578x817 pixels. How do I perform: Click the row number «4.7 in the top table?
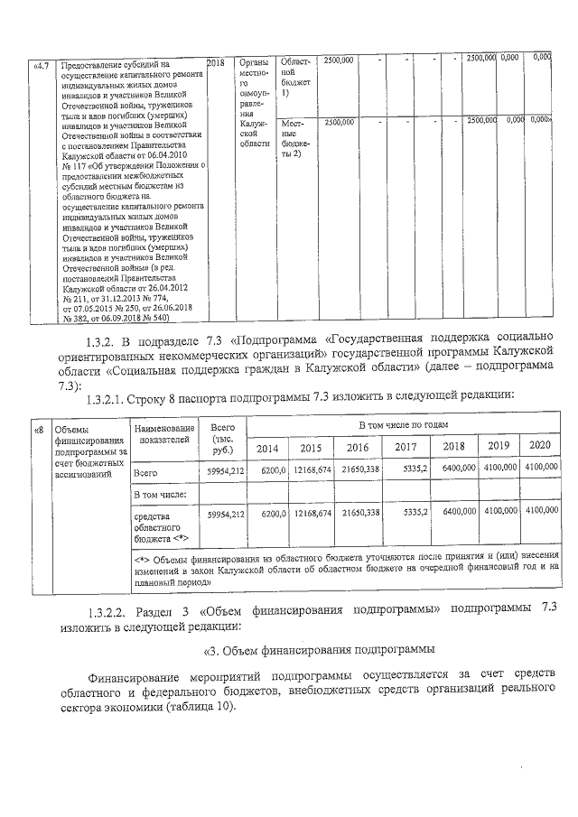coord(42,65)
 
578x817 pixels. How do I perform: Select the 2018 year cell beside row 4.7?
coord(215,63)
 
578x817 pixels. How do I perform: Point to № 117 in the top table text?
coord(75,165)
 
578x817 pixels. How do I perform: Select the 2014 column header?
coord(267,448)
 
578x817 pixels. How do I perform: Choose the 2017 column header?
coord(406,448)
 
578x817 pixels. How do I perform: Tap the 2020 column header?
coord(540,446)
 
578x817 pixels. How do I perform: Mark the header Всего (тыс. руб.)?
coord(222,437)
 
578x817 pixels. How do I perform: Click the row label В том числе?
coord(160,494)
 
